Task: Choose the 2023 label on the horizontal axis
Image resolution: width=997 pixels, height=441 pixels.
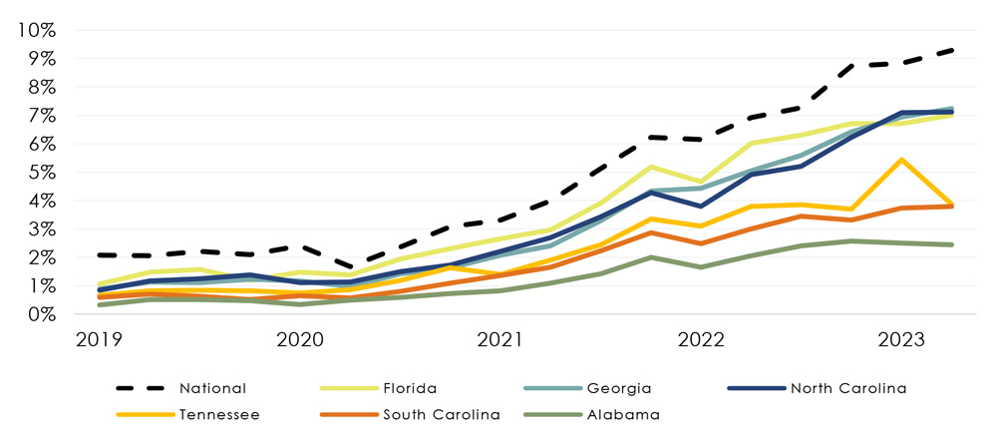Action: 901,339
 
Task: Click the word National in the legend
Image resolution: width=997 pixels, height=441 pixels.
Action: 213,388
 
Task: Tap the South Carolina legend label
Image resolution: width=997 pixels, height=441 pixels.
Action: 441,414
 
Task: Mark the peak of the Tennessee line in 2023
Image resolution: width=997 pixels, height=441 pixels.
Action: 902,160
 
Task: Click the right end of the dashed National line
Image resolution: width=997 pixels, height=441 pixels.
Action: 952,50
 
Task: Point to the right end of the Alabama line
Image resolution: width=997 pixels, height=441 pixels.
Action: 952,244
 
